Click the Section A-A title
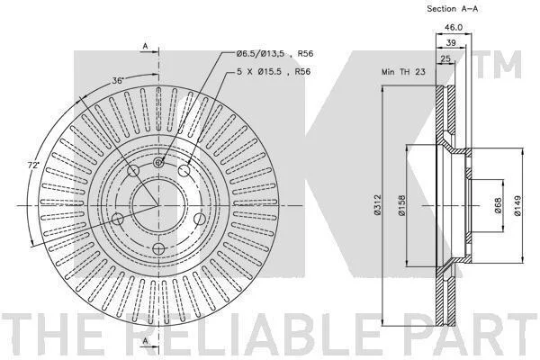pyautogui.click(x=452, y=9)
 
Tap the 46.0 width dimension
pyautogui.click(x=454, y=27)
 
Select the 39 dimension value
pyautogui.click(x=451, y=42)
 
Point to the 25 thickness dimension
pyautogui.click(x=445, y=58)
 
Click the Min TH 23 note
pyautogui.click(x=403, y=72)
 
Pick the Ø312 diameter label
pyautogui.click(x=378, y=205)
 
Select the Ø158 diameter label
pyautogui.click(x=402, y=206)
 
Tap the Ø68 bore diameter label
pyautogui.click(x=499, y=206)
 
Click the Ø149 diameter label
pyautogui.click(x=517, y=206)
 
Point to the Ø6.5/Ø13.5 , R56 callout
pyautogui.click(x=274, y=54)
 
